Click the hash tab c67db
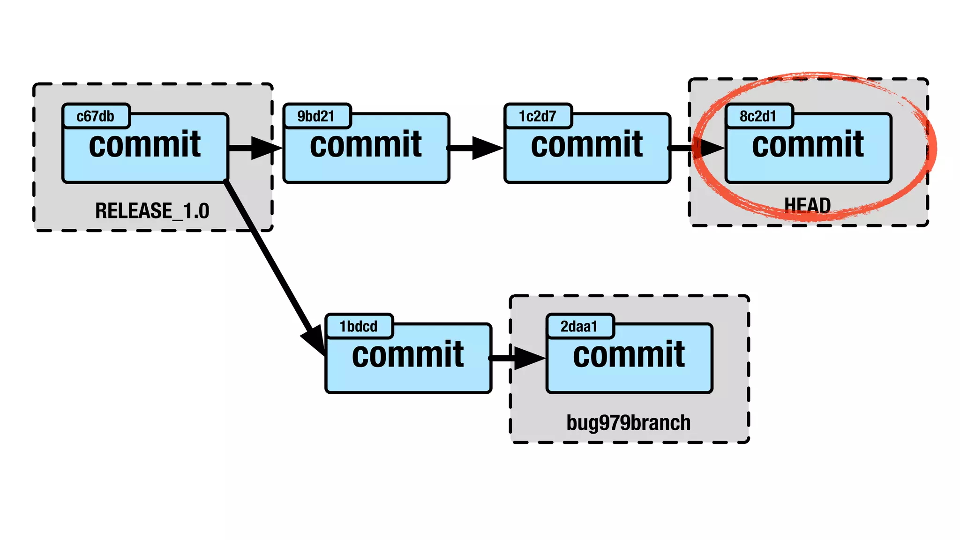[x=96, y=116]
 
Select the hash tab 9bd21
[x=316, y=116]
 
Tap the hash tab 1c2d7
[x=538, y=116]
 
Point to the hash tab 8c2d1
[x=758, y=116]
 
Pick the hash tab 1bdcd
[x=359, y=326]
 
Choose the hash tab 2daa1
[x=579, y=326]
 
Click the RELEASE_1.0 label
[x=152, y=211]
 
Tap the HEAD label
[x=808, y=205]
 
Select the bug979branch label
[x=629, y=423]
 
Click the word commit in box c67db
[x=145, y=145]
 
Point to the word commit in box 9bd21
[x=366, y=145]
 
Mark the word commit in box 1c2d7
[x=587, y=145]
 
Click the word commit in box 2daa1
[x=629, y=355]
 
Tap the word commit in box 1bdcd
[x=408, y=355]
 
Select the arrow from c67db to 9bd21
[x=255, y=148]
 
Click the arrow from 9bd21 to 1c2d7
[x=476, y=148]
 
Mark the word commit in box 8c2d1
[x=808, y=145]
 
